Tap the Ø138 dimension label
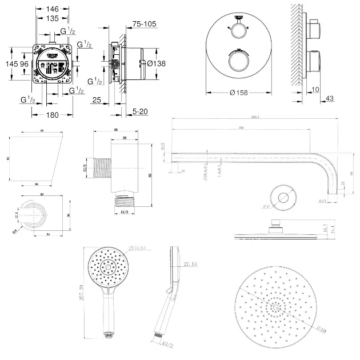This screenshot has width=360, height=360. point(155,64)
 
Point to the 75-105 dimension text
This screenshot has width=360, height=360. point(144,24)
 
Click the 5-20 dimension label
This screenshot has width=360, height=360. point(140,111)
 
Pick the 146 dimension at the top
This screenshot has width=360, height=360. point(53,10)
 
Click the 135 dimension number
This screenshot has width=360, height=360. point(53,18)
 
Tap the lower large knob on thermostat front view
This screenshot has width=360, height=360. point(234,61)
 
